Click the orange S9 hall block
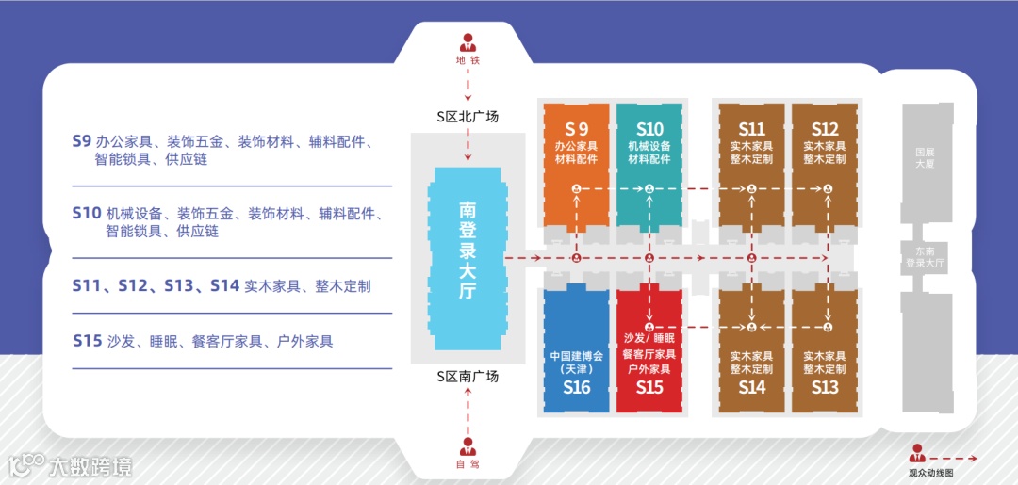coord(576,160)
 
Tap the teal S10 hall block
coord(649,160)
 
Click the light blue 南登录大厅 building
coord(468,250)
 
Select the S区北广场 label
coord(468,117)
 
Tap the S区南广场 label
coord(468,377)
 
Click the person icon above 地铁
coord(468,42)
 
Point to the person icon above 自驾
coord(468,446)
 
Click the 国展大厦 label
coord(924,156)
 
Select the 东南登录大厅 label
coord(924,257)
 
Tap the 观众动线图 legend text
coord(930,473)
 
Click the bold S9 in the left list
coord(81,141)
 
